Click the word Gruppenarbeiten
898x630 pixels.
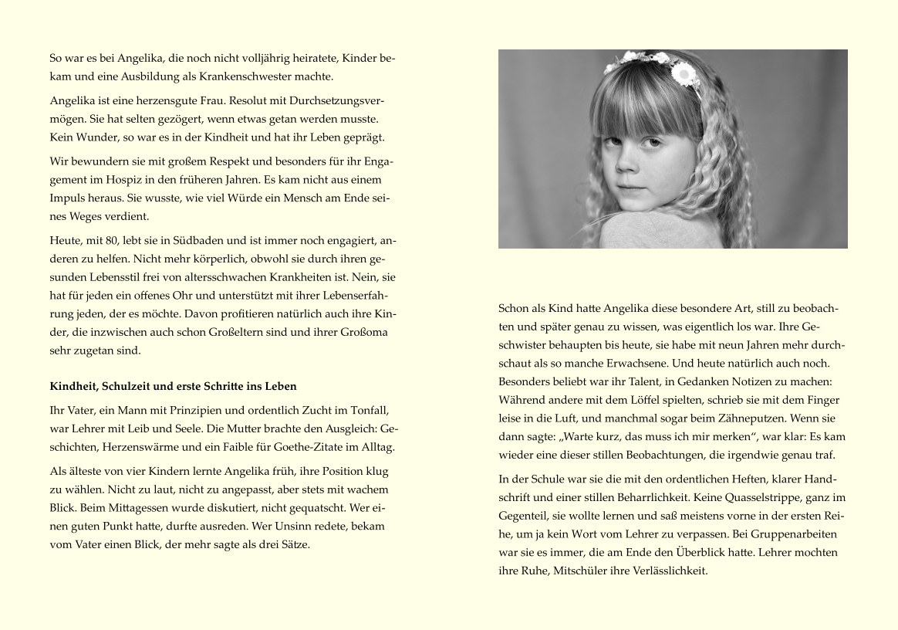tap(798, 534)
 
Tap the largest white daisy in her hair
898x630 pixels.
tap(684, 74)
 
